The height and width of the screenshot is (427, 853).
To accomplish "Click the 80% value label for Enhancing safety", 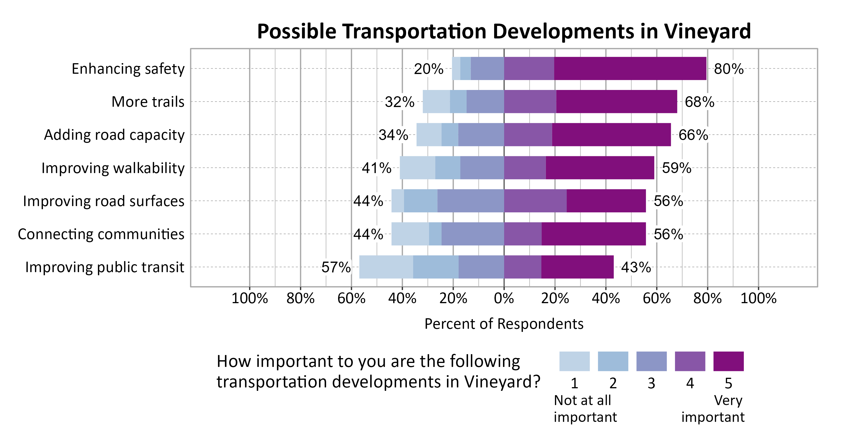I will coord(728,69).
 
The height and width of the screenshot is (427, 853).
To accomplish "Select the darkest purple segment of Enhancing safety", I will coord(630,68).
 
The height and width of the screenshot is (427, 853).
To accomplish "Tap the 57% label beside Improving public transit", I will coord(336,267).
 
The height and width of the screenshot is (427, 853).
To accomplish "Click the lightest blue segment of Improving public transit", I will coord(386,267).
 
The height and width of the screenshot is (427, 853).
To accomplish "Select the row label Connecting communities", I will coord(101,234).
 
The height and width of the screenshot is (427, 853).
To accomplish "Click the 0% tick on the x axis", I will coord(504,298).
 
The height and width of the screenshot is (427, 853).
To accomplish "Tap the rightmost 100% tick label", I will coord(758,298).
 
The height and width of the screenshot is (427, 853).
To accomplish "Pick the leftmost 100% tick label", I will coord(249,298).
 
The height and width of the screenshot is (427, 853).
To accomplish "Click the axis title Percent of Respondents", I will coord(504,324).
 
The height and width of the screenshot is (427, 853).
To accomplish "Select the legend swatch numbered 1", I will coord(574,361).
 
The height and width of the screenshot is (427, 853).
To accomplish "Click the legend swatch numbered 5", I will coord(728,361).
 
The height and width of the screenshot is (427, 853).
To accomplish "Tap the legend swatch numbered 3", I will coord(651,361).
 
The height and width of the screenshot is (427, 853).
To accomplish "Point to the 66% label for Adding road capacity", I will coord(693,135).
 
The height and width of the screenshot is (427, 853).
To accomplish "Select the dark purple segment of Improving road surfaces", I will coord(606,201).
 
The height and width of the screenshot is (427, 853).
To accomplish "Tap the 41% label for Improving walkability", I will coord(376,168).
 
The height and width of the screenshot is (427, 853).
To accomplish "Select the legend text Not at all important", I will coord(585,408).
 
